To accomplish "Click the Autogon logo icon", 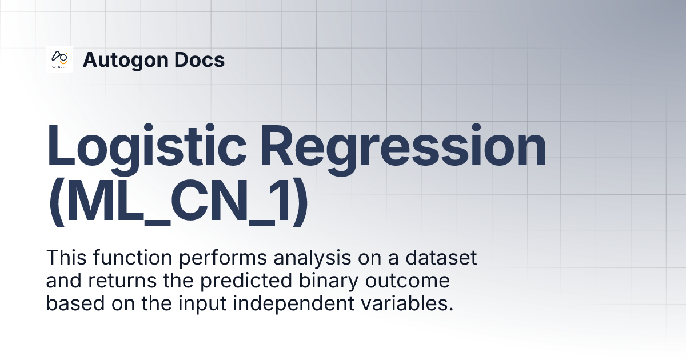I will click(59, 59).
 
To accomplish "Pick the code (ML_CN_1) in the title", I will click(178, 205).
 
